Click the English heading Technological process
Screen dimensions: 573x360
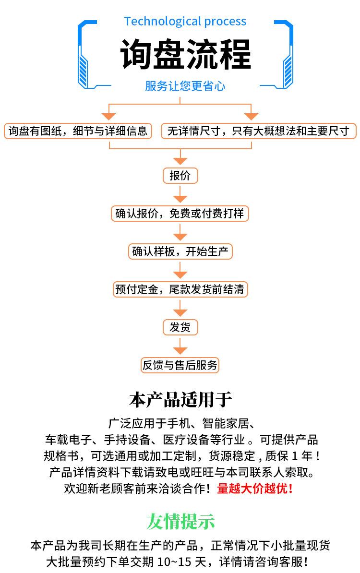185,22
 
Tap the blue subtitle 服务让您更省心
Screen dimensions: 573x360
185,86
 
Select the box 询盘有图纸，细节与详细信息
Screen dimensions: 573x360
78,131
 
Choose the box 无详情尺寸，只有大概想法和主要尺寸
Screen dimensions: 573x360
258,131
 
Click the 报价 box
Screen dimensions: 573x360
180,176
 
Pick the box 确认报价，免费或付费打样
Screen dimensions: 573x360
180,214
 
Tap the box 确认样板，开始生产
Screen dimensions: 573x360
180,251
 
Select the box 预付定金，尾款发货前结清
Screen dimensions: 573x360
180,289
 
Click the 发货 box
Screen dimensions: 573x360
180,327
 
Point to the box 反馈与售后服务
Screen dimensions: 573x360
180,365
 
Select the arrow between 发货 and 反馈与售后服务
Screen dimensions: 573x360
180,346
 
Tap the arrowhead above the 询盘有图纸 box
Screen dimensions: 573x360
109,116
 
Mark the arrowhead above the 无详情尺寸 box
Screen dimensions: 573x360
251,116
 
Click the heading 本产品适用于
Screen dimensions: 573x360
180,400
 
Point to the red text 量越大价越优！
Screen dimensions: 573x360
255,489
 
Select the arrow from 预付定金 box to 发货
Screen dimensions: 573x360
180,308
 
